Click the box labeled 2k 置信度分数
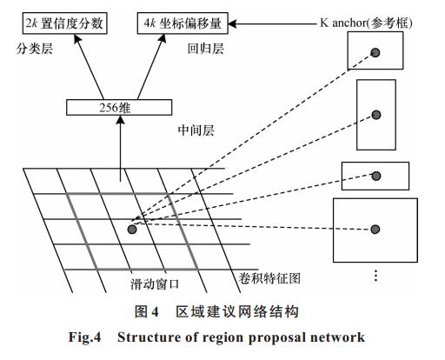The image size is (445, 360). [65, 23]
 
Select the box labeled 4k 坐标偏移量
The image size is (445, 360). [183, 23]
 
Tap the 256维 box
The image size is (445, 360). [119, 108]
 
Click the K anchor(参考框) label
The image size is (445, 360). [366, 23]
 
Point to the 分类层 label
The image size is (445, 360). [35, 49]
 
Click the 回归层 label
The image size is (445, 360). [205, 49]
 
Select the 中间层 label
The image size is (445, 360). [196, 130]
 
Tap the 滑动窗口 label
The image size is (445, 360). [155, 284]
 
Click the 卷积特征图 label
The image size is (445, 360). [269, 278]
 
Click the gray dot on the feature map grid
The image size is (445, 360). [132, 230]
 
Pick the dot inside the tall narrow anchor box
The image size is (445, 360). [376, 115]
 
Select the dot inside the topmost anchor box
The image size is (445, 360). [375, 53]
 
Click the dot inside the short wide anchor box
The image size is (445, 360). [376, 176]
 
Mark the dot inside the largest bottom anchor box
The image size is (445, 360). [375, 230]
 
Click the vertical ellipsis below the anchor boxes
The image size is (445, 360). [375, 276]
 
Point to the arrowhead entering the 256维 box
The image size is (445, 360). [121, 120]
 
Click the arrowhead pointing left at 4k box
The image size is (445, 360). [233, 23]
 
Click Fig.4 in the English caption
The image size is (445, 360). [84, 337]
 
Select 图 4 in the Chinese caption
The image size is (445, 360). [147, 312]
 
